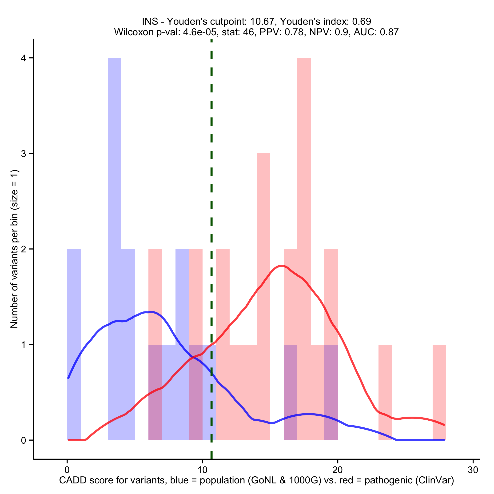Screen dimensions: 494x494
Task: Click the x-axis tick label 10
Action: tap(202, 470)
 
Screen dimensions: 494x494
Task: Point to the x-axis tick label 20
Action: tap(338, 470)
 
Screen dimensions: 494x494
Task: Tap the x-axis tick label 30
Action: tap(473, 470)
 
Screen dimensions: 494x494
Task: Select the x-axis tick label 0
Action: tap(67, 470)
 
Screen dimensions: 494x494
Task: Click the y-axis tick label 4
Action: tap(24, 58)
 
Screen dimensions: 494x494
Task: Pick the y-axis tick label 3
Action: tap(24, 154)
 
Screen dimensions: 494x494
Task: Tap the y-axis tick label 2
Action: tap(24, 249)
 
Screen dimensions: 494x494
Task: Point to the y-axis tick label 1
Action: tap(24, 345)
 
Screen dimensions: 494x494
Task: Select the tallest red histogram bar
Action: tap(304, 205)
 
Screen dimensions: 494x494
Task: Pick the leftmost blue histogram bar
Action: tap(74, 332)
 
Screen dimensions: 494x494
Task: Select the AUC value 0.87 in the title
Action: tap(389, 32)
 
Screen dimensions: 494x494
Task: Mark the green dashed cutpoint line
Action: tap(211, 179)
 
